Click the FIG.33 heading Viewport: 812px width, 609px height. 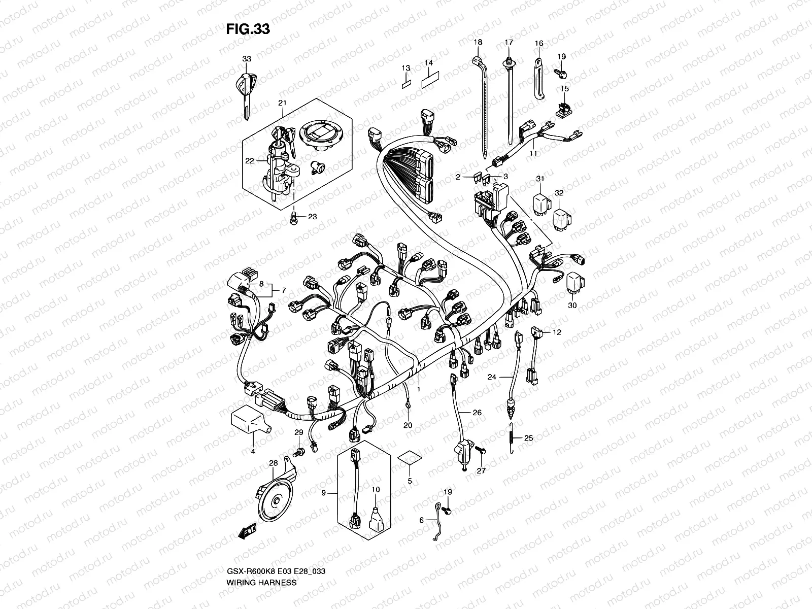pyautogui.click(x=248, y=29)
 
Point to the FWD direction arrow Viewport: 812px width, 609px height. pyautogui.click(x=247, y=530)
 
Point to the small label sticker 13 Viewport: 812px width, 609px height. pyautogui.click(x=406, y=83)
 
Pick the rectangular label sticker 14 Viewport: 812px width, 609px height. pyautogui.click(x=430, y=82)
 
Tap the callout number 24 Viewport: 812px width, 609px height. pyautogui.click(x=492, y=377)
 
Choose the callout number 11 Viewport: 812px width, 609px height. pyautogui.click(x=533, y=153)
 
